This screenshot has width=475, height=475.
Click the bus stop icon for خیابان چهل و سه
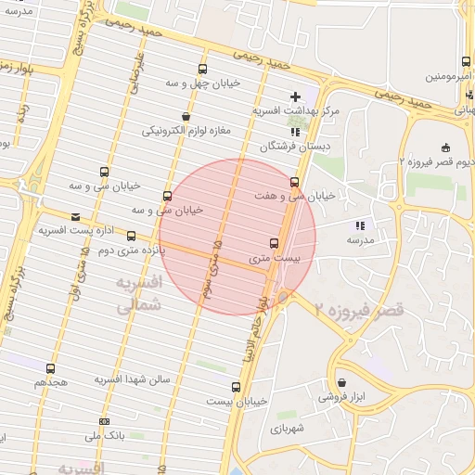pyautogui.click(x=203, y=70)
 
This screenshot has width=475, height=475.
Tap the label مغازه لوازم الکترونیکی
pyautogui.click(x=187, y=132)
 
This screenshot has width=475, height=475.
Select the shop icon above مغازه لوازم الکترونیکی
pyautogui.click(x=186, y=118)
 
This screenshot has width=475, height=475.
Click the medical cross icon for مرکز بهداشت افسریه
pyautogui.click(x=296, y=96)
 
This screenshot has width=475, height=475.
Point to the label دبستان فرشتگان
pyautogui.click(x=295, y=146)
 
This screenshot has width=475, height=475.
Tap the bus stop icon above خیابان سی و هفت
pyautogui.click(x=295, y=182)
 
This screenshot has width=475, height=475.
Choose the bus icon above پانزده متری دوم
pyautogui.click(x=131, y=236)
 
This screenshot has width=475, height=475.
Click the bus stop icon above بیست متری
pyautogui.click(x=273, y=242)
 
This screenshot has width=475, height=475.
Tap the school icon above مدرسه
pyautogui.click(x=360, y=225)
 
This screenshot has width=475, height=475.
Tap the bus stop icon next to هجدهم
pyautogui.click(x=52, y=368)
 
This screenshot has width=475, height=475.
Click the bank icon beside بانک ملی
pyautogui.click(x=103, y=422)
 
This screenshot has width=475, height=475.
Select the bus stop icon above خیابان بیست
pyautogui.click(x=235, y=387)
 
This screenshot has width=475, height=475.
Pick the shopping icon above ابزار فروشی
pyautogui.click(x=341, y=383)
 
